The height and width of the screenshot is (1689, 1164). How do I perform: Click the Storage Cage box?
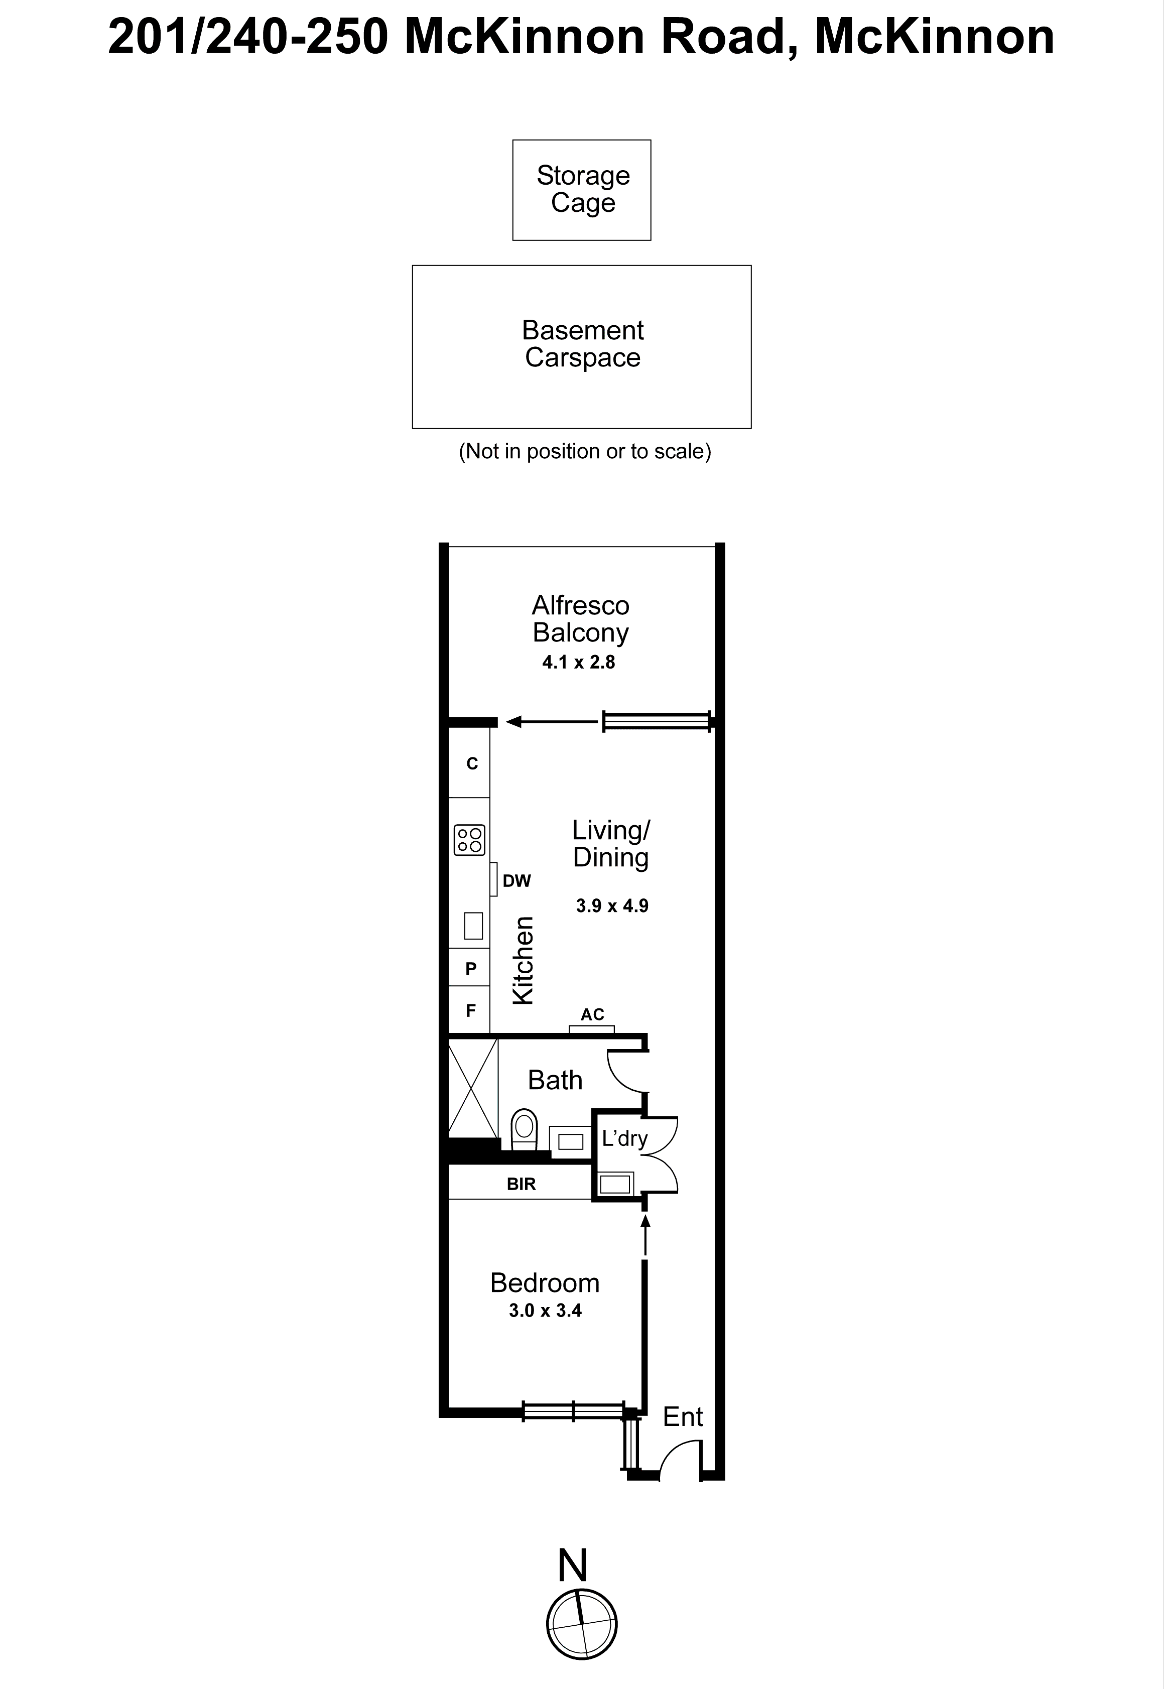point(581,190)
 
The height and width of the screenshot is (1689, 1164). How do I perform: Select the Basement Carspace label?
point(582,343)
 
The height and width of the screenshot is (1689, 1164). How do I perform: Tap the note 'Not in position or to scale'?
point(584,451)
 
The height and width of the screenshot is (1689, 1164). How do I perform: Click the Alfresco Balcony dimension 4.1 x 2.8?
point(578,662)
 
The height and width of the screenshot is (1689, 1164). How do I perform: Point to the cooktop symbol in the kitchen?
point(469,839)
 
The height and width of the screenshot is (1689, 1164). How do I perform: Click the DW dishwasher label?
point(516,881)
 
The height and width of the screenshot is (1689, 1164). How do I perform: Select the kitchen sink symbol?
point(473,926)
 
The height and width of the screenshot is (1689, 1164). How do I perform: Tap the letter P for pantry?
point(470,968)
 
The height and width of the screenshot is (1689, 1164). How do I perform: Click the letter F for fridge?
point(470,1010)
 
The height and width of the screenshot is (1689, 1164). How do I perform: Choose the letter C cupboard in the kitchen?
point(472,763)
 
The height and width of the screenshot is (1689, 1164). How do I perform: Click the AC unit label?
point(592,1014)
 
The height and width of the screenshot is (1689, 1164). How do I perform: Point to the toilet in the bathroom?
point(524,1127)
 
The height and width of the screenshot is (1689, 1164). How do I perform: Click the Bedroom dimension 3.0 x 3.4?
point(545,1311)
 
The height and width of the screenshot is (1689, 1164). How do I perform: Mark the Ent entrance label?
point(682,1417)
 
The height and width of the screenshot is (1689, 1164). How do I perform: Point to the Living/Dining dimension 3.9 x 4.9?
point(612,906)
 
